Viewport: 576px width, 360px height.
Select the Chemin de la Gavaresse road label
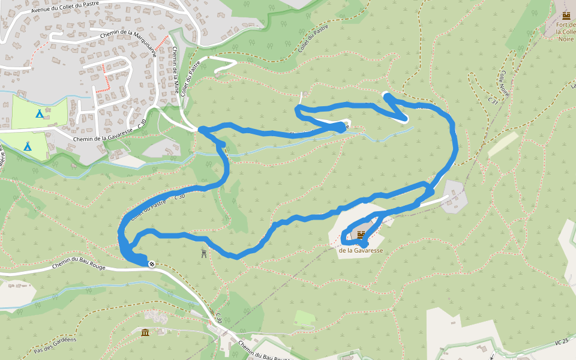coord(103,134)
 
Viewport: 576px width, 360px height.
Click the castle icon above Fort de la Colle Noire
coord(566,15)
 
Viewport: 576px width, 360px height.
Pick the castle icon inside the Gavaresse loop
coord(361,235)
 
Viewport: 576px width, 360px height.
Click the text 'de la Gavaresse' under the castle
coord(361,250)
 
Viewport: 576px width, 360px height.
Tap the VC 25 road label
coord(562,343)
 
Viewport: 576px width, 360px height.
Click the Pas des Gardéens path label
coord(55,346)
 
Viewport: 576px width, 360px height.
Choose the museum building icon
coord(145,332)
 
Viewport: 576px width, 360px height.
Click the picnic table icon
coord(205,254)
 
